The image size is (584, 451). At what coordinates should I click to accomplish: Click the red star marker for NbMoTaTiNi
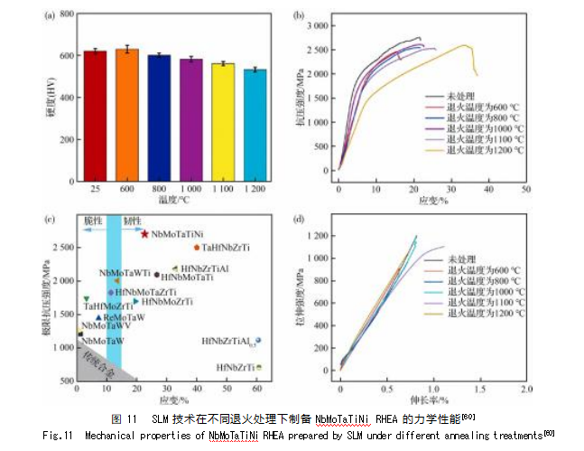click(x=144, y=234)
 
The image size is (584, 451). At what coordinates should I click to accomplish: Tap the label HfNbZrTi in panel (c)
click(x=236, y=368)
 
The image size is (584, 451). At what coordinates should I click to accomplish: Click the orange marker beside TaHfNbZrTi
click(x=196, y=247)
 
